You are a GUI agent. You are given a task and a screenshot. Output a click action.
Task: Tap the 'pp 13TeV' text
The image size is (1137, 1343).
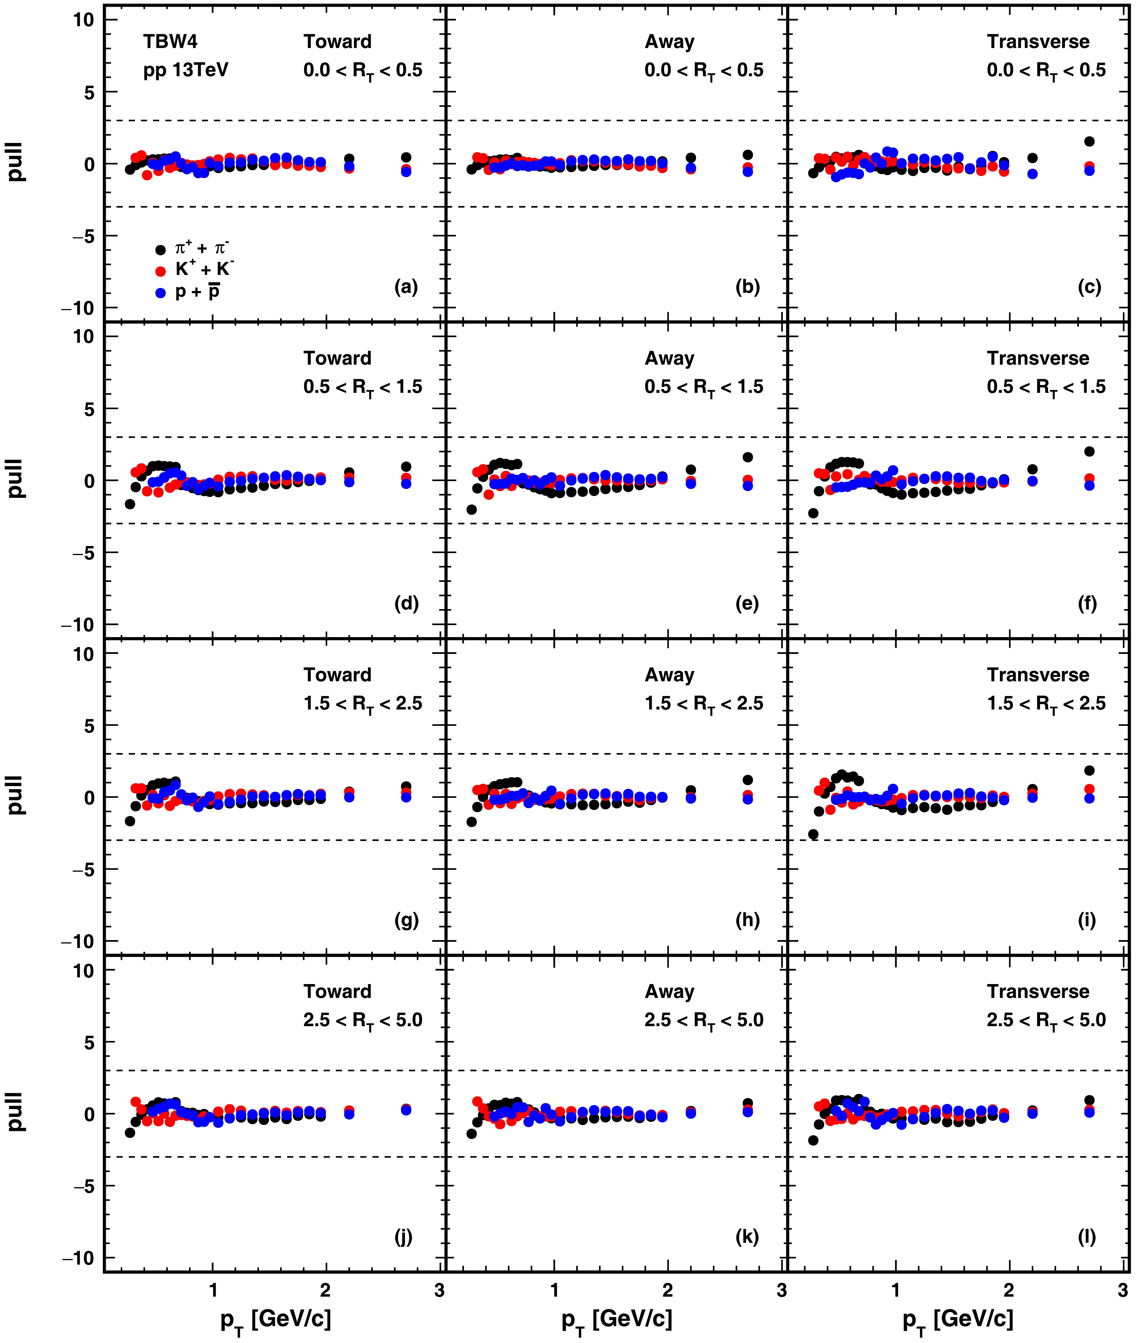(186, 70)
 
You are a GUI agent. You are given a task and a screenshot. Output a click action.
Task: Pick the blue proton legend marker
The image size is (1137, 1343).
(160, 293)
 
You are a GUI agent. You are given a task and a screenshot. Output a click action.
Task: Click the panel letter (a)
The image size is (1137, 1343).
(406, 287)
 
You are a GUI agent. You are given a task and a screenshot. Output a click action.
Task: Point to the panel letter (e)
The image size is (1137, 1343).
(747, 604)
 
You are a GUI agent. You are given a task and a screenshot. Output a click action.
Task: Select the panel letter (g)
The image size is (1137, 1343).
(406, 920)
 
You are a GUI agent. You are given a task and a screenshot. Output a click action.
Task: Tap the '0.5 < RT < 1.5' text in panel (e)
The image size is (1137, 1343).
(704, 387)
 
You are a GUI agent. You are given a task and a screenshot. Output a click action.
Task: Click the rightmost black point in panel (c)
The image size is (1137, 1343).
(1089, 141)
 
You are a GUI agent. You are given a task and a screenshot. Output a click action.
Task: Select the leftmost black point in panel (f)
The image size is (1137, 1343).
(813, 513)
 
